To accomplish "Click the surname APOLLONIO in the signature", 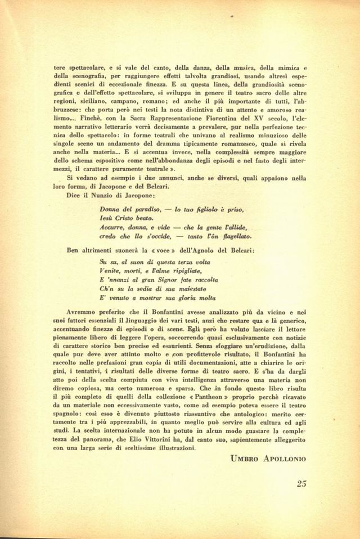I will pos(283,459).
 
